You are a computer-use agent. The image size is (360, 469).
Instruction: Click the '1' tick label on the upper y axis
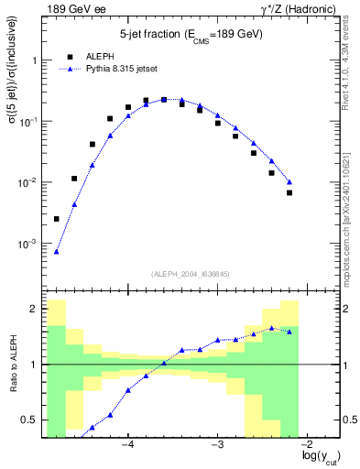pos(36,60)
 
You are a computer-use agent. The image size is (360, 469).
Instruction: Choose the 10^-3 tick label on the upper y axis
pos(29,244)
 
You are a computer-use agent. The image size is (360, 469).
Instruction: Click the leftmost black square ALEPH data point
pos(57,219)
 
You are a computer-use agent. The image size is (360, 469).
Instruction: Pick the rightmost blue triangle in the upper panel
pos(289,181)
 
